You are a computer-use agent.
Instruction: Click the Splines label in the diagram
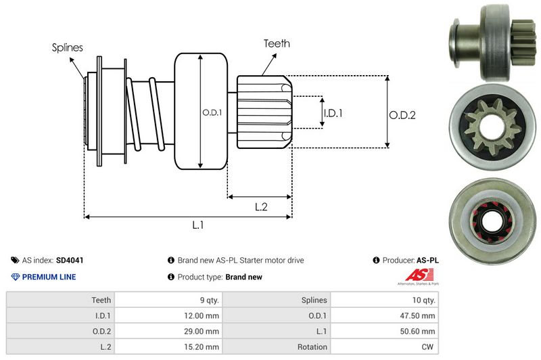(67, 47)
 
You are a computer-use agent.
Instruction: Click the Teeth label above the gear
(277, 43)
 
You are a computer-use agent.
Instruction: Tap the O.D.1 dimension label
(212, 112)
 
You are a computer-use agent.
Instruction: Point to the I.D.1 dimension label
(333, 113)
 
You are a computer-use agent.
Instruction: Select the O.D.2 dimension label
(402, 115)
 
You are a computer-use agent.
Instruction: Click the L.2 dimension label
(262, 207)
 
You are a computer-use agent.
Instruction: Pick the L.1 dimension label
(198, 226)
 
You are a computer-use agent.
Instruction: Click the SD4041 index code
(70, 260)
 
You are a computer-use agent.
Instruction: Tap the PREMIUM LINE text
(49, 277)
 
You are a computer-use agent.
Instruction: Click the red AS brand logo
(413, 275)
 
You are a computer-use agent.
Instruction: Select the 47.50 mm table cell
(419, 315)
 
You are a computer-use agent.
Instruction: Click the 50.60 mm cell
(419, 331)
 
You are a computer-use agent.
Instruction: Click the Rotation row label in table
(312, 346)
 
